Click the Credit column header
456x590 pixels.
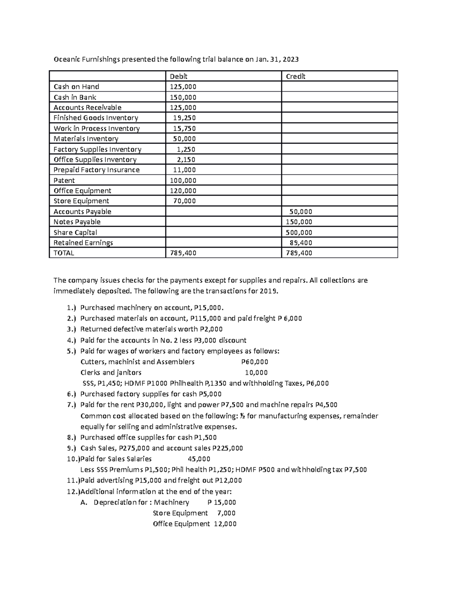point(295,76)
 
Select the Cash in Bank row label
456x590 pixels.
point(75,97)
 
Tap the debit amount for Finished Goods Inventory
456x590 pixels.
point(184,118)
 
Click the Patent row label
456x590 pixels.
point(64,180)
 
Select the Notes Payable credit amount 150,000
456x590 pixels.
point(299,222)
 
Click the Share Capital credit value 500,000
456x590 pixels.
point(299,233)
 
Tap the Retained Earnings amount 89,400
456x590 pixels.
point(301,243)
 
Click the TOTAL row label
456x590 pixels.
point(64,253)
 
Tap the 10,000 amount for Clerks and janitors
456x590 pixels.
point(256,373)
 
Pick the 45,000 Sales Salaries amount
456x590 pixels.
point(199,459)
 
